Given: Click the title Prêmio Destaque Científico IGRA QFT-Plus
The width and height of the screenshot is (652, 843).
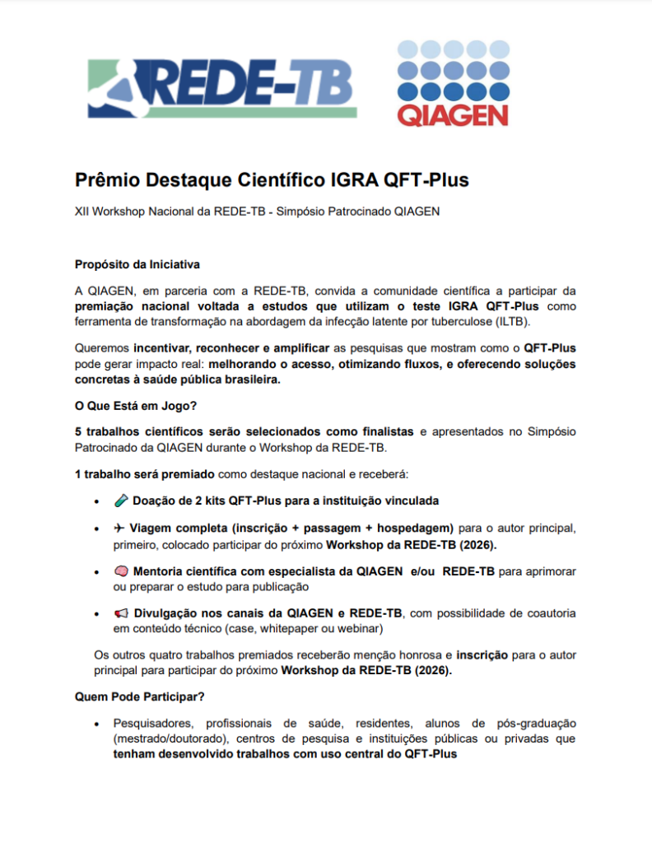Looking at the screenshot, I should [272, 179].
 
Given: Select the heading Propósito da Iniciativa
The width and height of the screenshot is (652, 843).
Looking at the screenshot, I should [137, 264].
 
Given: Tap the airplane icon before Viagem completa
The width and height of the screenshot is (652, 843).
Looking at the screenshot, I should [120, 528].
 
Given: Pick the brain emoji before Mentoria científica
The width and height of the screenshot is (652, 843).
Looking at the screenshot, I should [120, 571].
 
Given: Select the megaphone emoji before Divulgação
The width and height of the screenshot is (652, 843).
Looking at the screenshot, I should [120, 614].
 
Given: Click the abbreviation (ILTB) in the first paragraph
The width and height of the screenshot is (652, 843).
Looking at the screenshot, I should [510, 321].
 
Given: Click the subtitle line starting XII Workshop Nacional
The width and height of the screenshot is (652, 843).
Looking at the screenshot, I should [258, 212].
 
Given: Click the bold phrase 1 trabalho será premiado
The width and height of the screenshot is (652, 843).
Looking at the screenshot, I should [145, 475].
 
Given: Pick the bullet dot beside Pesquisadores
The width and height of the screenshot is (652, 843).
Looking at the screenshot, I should [98, 723].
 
